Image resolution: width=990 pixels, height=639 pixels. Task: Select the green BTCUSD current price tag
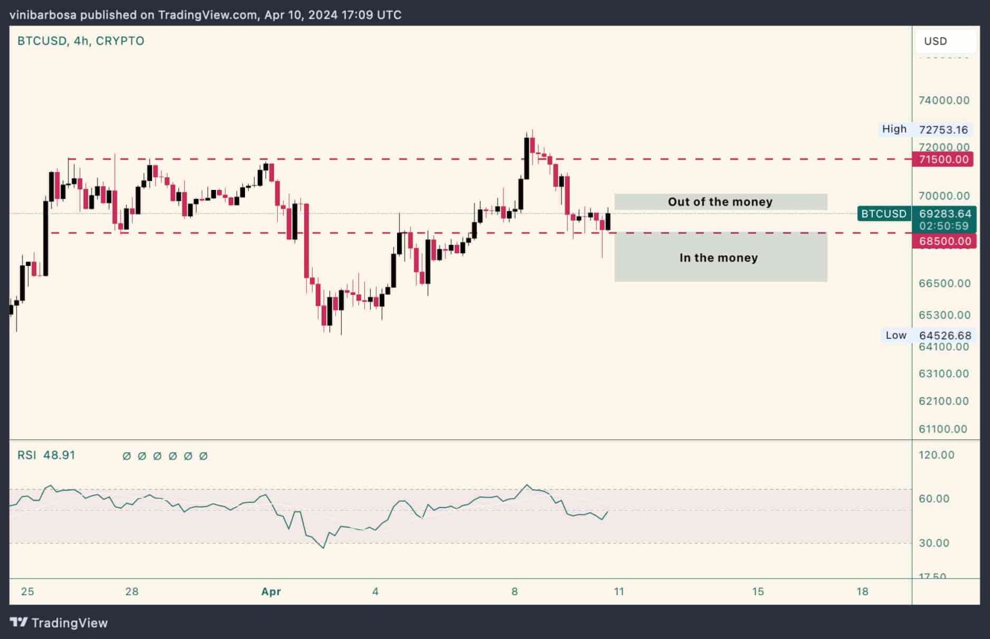[917, 219]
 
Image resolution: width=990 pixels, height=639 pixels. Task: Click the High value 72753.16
[943, 129]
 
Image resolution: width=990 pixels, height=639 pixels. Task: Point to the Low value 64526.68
[944, 336]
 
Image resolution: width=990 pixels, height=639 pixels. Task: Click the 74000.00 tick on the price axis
[944, 100]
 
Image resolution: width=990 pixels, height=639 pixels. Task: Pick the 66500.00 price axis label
[944, 283]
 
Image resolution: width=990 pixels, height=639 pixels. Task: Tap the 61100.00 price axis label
[942, 429]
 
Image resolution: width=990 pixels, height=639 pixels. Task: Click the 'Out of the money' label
[720, 202]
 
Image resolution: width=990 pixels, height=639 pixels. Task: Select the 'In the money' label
[718, 258]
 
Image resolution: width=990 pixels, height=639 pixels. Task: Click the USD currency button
[936, 41]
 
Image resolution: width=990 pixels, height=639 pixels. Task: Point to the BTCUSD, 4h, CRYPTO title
[81, 41]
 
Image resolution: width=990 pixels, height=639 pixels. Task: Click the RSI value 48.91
[59, 455]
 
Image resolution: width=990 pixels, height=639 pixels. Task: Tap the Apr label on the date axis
[271, 591]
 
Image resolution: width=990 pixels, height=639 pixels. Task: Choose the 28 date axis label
[131, 591]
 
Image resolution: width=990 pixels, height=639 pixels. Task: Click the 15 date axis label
[758, 591]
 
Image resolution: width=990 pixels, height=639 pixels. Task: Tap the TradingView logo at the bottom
[59, 622]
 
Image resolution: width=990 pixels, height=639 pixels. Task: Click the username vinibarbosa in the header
[43, 15]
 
